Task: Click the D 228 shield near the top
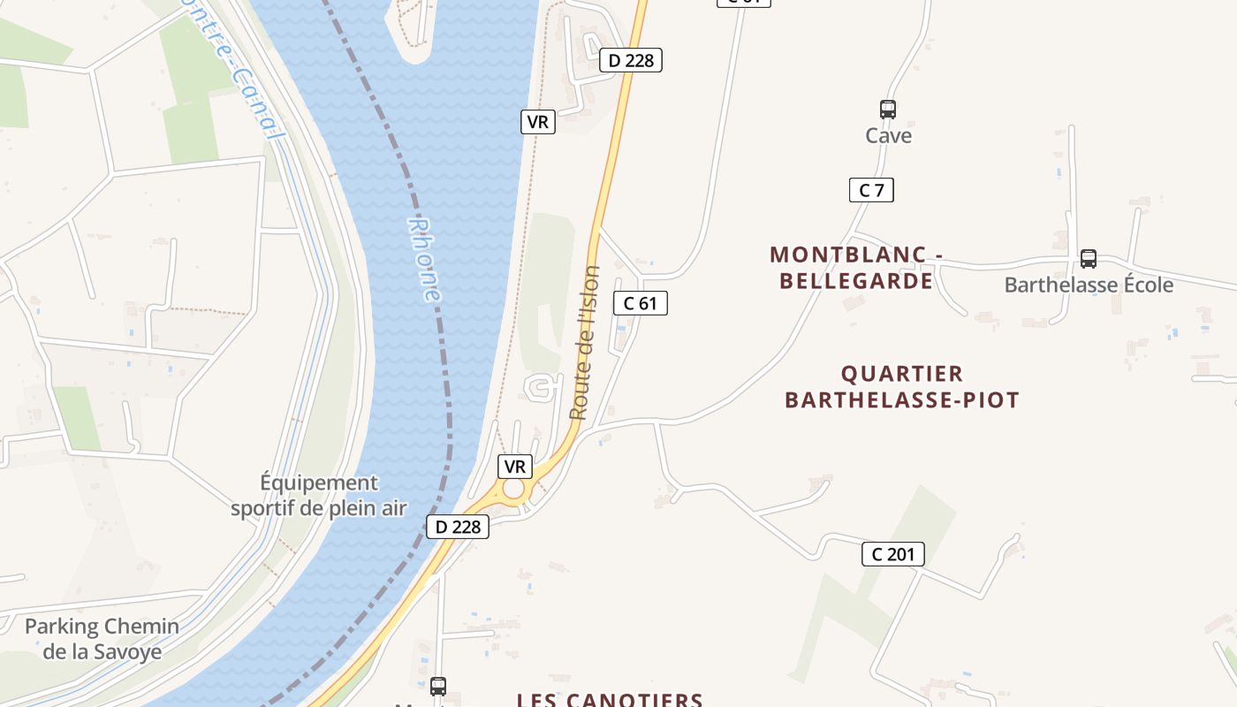631,60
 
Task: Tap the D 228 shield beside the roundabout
458,527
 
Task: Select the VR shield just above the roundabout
514,467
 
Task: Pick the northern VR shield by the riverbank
537,122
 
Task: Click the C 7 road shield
871,190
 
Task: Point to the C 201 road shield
892,554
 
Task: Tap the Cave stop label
888,136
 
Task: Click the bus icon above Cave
888,110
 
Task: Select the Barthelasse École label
1089,285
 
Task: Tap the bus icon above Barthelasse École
1089,259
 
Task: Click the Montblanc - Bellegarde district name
852,268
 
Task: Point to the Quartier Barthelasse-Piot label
902,386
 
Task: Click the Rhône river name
425,260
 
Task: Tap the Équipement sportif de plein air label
319,495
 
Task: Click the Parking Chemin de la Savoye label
102,639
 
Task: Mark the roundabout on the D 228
513,490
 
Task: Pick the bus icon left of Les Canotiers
437,686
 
